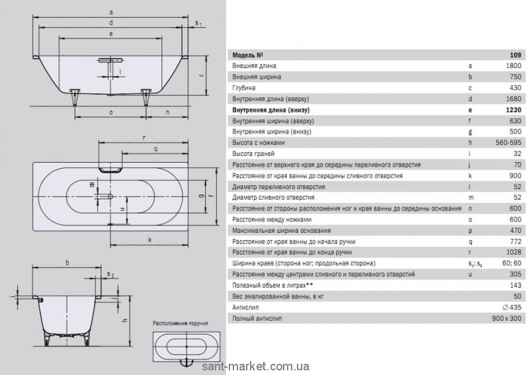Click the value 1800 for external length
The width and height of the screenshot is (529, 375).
512,66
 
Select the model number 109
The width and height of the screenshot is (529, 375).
516,55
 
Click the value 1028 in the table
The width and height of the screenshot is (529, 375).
512,253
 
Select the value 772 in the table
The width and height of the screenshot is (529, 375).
514,241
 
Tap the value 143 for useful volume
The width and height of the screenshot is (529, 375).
514,286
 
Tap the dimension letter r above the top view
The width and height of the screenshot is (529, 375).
144,138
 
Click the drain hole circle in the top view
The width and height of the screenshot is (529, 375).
110,196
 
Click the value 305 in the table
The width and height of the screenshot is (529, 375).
514,274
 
